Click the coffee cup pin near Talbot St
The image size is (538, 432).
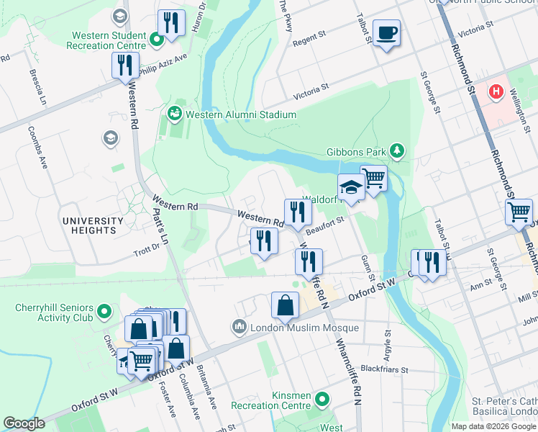(x=387, y=32)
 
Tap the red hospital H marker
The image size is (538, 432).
(x=496, y=92)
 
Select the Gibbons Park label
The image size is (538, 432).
(x=356, y=150)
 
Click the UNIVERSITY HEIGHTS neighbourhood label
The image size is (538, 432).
(x=89, y=225)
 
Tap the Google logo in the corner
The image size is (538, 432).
(x=24, y=423)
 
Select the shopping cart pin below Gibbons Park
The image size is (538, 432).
(x=373, y=177)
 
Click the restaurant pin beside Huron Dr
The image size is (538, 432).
(x=171, y=23)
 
